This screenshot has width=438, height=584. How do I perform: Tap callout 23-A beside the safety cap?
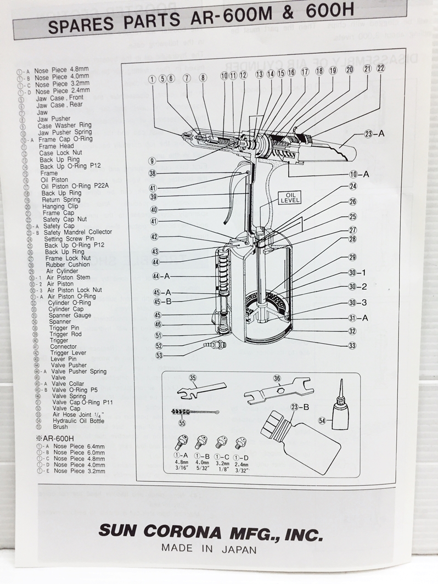tap(375, 133)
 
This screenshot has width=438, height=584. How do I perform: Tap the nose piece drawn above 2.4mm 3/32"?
tap(239, 442)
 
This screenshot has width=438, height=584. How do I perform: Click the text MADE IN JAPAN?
tap(208, 548)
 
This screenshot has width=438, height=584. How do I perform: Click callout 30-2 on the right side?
tap(357, 287)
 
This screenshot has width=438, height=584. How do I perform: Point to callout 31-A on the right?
tap(357, 317)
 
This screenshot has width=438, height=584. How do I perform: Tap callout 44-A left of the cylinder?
tap(162, 276)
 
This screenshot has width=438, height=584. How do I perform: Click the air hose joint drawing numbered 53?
tap(212, 346)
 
